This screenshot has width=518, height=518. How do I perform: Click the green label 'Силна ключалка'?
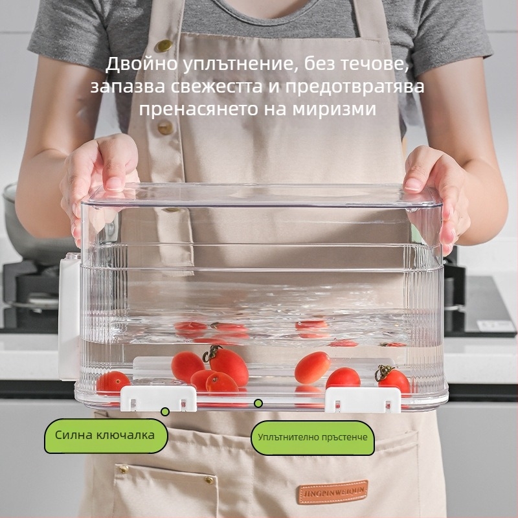click(x=106, y=436)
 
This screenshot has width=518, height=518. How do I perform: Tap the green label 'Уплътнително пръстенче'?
click(x=313, y=438)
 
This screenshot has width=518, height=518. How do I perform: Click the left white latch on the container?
click(x=159, y=398)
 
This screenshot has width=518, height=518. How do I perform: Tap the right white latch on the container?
click(x=363, y=400)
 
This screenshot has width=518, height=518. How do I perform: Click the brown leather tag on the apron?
click(x=332, y=492)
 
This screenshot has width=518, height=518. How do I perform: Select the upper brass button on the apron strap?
click(x=164, y=45)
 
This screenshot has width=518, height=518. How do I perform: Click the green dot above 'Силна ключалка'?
click(x=165, y=412)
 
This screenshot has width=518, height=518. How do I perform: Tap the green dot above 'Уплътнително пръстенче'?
click(x=258, y=403)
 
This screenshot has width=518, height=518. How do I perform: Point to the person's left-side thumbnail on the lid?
click(x=113, y=184)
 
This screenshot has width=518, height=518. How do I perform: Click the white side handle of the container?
click(x=69, y=318)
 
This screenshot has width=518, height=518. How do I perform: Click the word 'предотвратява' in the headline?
click(x=354, y=87)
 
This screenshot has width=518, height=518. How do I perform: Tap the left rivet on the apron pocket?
click(x=124, y=468)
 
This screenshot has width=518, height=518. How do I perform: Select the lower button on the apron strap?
click(x=165, y=127)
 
